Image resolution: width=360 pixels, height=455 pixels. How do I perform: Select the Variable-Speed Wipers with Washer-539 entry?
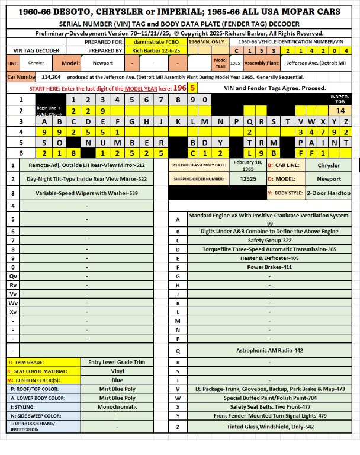pyautogui.click(x=86, y=193)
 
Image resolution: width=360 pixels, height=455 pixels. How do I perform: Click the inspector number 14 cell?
pyautogui.click(x=340, y=110)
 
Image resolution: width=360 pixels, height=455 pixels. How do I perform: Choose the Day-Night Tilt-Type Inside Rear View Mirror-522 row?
pyautogui.click(x=86, y=178)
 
